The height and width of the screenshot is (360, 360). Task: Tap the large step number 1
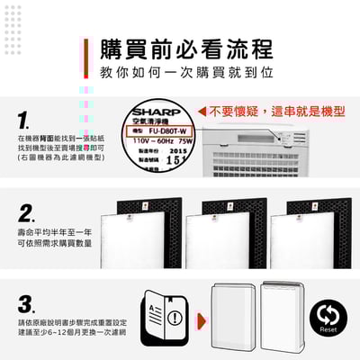25,120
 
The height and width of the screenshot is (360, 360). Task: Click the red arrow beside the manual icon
190,317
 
